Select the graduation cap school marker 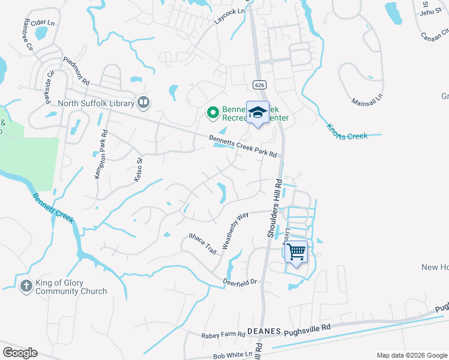258,113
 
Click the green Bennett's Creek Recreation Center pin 212,112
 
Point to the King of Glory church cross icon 26,286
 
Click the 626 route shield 259,85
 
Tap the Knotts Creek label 347,131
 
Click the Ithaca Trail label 202,242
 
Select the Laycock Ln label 230,16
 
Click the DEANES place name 265,331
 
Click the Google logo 20,352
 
